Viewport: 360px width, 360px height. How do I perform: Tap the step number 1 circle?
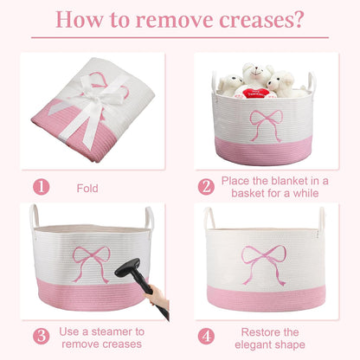[42, 187]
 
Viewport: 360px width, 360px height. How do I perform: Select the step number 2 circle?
[206, 187]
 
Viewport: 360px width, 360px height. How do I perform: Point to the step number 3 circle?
[42, 336]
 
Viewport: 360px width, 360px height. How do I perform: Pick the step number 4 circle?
[206, 336]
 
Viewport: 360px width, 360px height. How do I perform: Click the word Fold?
[87, 189]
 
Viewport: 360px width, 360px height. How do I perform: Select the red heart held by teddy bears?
[255, 93]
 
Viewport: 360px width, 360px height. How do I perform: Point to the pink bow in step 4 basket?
[264, 265]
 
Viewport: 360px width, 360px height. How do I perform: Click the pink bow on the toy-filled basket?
[267, 125]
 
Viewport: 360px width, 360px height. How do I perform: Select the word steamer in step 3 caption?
[119, 331]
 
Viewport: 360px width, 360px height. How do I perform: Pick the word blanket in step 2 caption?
[289, 181]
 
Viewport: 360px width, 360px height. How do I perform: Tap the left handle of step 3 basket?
[34, 216]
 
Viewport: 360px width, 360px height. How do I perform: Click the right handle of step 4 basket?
[322, 219]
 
